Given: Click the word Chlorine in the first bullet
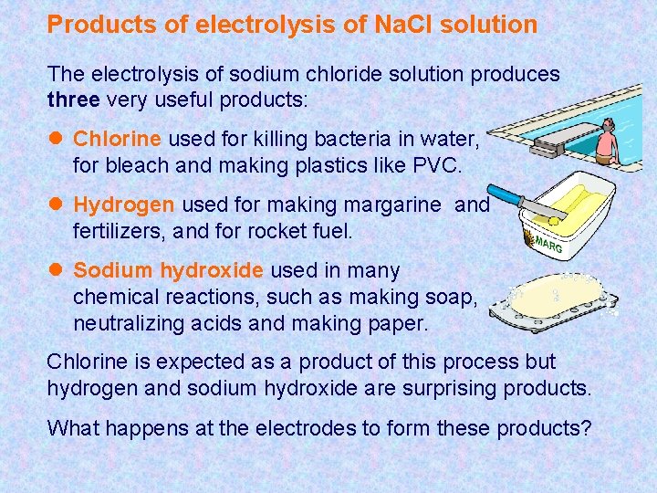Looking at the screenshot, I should coord(117,139).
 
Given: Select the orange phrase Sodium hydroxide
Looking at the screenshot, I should coord(169,270).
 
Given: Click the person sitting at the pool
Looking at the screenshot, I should coord(605,144).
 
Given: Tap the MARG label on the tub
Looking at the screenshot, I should coord(547,245).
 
